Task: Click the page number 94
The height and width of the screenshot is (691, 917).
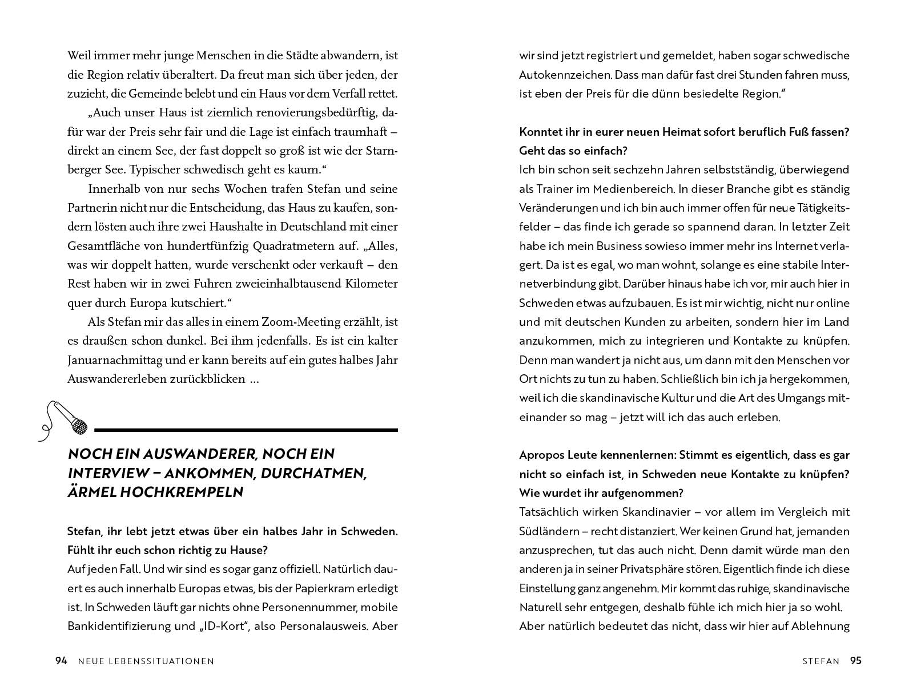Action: tap(61, 661)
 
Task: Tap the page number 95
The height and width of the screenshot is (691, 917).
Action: tap(855, 661)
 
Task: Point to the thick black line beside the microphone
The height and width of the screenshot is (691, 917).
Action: tap(246, 430)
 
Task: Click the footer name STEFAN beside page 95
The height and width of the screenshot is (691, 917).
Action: tap(821, 661)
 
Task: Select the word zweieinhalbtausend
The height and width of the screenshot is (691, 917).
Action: tap(261, 284)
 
